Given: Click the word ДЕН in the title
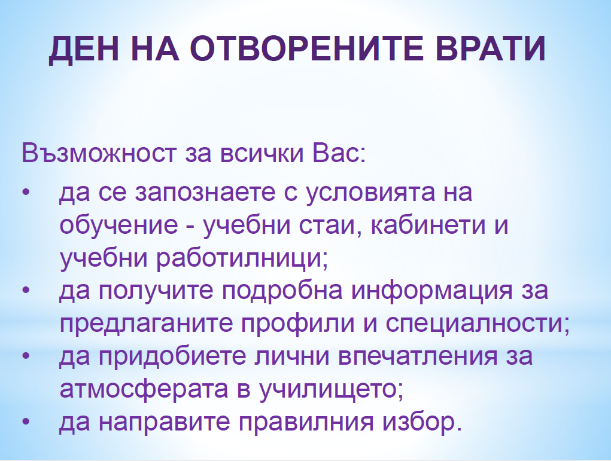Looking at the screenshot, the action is pyautogui.click(x=84, y=50).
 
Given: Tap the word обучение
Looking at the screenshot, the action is pyautogui.click(x=119, y=225).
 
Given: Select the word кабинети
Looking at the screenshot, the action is pyautogui.click(x=428, y=225).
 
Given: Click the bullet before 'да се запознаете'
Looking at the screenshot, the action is pyautogui.click(x=26, y=193).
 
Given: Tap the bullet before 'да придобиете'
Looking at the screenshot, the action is pyautogui.click(x=26, y=356).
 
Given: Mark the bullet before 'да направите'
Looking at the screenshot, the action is pyautogui.click(x=26, y=422).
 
